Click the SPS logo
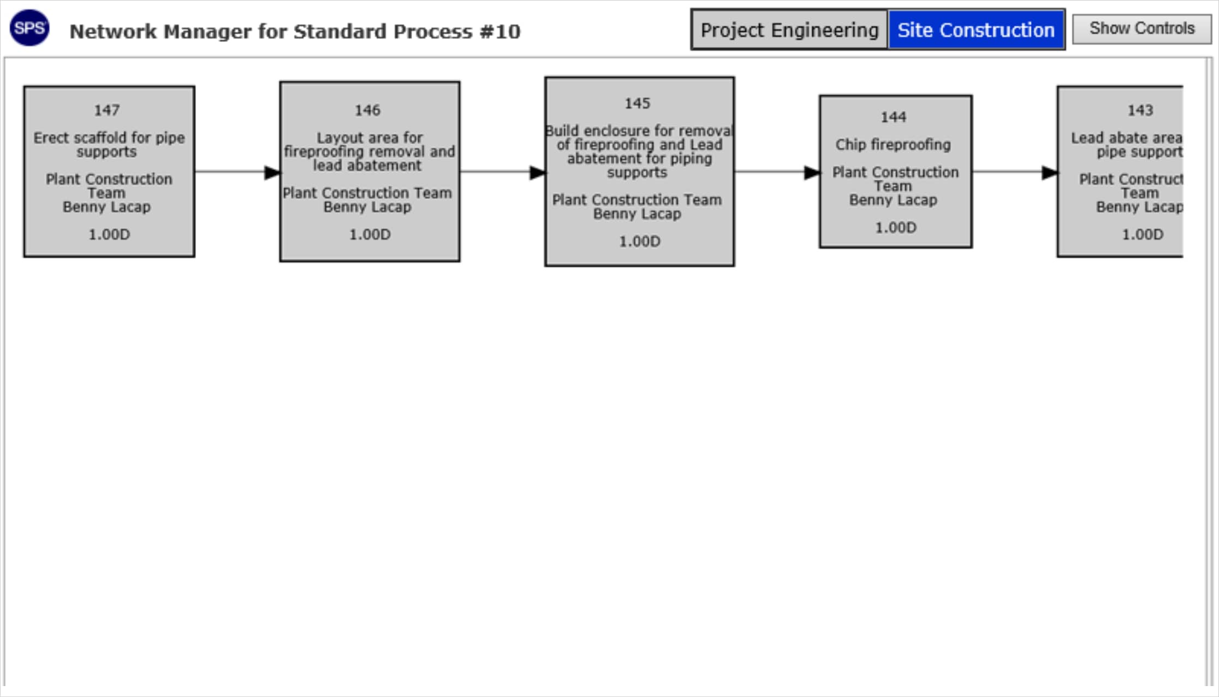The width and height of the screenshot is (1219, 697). [29, 28]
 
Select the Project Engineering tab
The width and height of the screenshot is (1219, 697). [789, 29]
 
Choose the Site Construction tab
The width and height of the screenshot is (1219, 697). [976, 29]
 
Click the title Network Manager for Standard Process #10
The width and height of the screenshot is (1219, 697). [295, 32]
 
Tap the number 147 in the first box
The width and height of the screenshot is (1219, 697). [107, 110]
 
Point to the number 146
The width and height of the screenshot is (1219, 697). [367, 110]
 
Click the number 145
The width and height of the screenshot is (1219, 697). [638, 103]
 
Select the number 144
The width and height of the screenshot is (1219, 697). [894, 117]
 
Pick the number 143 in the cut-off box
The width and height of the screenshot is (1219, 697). [1140, 110]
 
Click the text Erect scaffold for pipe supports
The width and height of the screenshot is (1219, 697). [109, 145]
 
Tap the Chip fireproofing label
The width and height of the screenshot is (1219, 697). [893, 145]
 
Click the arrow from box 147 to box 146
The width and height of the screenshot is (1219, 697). [237, 172]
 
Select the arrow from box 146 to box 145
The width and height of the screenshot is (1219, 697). [503, 172]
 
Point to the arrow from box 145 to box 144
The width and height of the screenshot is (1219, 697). [777, 172]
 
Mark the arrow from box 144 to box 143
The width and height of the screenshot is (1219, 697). [1015, 172]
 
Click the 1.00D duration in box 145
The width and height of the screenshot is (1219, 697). [639, 241]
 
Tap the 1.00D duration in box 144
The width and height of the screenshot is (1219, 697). [896, 228]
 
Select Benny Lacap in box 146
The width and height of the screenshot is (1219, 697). [367, 207]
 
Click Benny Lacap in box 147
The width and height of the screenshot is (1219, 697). [107, 207]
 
